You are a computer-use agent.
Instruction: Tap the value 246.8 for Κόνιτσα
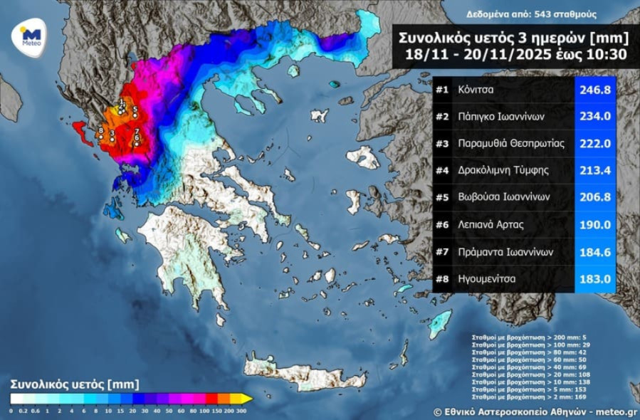pyautogui.click(x=594, y=90)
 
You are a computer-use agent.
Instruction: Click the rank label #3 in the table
pyautogui.click(x=443, y=144)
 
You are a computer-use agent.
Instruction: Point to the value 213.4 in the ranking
pyautogui.click(x=594, y=171)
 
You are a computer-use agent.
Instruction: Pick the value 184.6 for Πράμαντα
pyautogui.click(x=594, y=252)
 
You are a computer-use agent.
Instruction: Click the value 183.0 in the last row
pyautogui.click(x=594, y=279)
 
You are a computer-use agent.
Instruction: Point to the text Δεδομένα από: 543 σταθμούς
pyautogui.click(x=531, y=14)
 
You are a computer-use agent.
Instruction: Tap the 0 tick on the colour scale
pyautogui.click(x=11, y=411)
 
